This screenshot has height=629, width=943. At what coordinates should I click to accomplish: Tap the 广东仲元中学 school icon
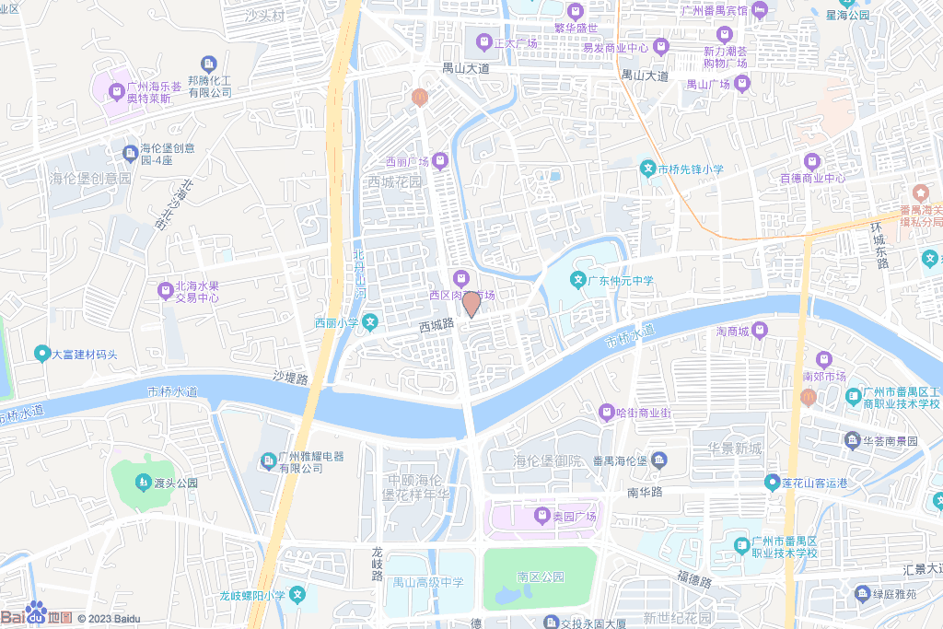tap(578, 280)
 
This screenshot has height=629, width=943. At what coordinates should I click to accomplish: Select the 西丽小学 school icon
tap(369, 322)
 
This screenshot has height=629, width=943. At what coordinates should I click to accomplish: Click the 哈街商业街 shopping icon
tap(606, 412)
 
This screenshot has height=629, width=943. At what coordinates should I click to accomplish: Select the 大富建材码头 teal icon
tap(41, 354)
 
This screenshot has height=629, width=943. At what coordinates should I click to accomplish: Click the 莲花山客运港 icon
tap(771, 482)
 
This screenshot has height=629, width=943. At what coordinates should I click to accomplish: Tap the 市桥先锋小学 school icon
tap(648, 169)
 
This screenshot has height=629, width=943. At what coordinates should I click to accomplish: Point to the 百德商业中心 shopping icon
tap(811, 161)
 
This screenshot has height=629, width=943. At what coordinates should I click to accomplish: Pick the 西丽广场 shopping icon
tap(440, 162)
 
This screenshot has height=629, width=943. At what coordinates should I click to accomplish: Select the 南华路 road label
tap(646, 493)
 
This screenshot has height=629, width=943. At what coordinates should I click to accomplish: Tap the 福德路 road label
tap(693, 580)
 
